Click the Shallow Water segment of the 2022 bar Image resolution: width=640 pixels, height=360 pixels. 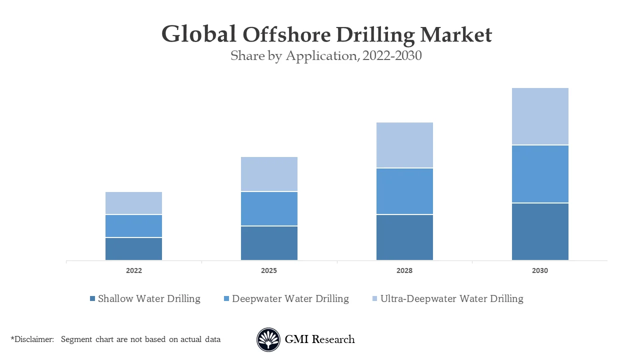pyautogui.click(x=133, y=248)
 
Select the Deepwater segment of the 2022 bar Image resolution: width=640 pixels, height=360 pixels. pyautogui.click(x=133, y=226)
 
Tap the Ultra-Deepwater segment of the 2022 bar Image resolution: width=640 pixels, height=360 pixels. pyautogui.click(x=133, y=203)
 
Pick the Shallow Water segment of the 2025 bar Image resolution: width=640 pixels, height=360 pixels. pyautogui.click(x=269, y=243)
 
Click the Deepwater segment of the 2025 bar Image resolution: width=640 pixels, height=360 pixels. pyautogui.click(x=269, y=208)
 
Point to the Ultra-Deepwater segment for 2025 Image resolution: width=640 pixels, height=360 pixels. pyautogui.click(x=269, y=174)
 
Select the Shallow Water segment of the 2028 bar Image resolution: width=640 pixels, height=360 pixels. pyautogui.click(x=404, y=237)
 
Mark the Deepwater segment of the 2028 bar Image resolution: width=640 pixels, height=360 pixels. pyautogui.click(x=404, y=191)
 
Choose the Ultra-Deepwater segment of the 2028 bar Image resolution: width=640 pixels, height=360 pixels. pyautogui.click(x=404, y=145)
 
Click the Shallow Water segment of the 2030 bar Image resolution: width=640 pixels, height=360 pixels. pyautogui.click(x=540, y=231)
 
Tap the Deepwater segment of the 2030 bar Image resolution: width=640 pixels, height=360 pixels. pyautogui.click(x=540, y=174)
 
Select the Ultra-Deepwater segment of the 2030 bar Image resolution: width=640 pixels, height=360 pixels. pyautogui.click(x=540, y=116)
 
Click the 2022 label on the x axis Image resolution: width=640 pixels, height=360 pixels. pyautogui.click(x=133, y=270)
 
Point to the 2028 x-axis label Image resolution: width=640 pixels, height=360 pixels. pyautogui.click(x=404, y=270)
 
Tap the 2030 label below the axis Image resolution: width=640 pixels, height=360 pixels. pyautogui.click(x=540, y=270)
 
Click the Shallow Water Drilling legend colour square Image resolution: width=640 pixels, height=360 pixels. pyautogui.click(x=92, y=299)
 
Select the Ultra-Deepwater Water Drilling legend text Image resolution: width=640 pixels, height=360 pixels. pyautogui.click(x=451, y=299)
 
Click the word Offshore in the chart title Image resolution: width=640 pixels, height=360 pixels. pyautogui.click(x=286, y=34)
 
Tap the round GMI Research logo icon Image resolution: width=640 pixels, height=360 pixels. pyautogui.click(x=268, y=339)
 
